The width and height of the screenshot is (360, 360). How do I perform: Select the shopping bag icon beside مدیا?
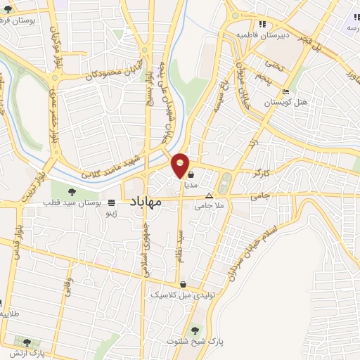191,176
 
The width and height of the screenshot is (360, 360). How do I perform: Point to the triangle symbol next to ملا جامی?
209,195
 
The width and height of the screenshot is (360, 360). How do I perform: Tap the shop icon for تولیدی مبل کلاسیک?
184,285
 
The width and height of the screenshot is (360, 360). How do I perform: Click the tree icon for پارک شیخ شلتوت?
195,329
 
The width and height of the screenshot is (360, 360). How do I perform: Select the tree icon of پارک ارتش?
27,342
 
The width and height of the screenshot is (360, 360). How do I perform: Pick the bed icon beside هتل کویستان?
285,92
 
